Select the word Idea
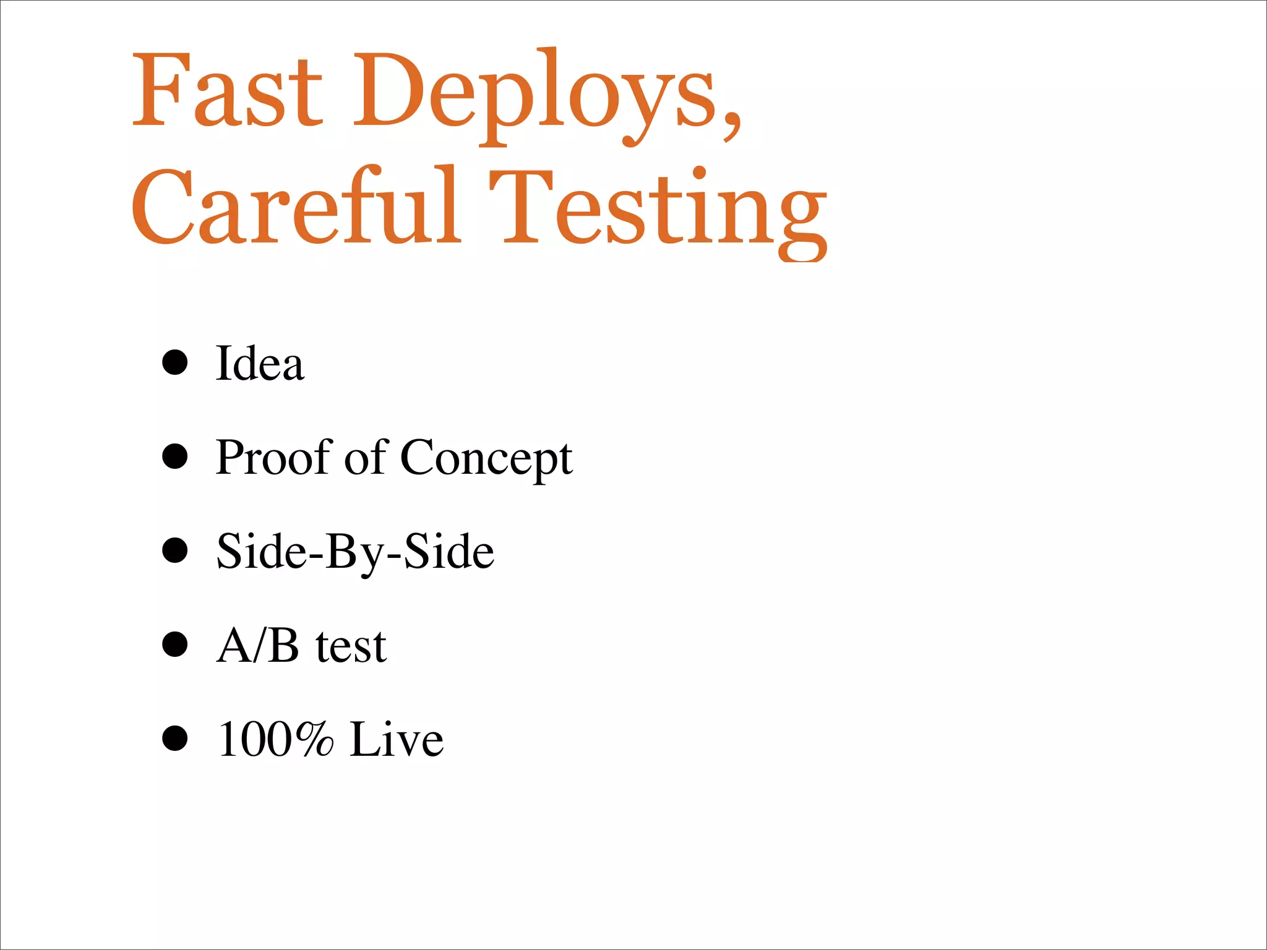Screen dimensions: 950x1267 (260, 363)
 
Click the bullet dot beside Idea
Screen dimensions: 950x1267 (175, 362)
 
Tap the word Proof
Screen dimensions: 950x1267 (274, 457)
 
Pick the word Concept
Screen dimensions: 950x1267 (486, 458)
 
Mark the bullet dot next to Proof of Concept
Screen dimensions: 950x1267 (175, 456)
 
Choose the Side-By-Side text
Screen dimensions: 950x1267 (355, 552)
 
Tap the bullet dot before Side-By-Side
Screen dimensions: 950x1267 (175, 550)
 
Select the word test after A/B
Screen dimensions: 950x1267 (351, 646)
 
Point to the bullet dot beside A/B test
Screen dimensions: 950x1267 (175, 644)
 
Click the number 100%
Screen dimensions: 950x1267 (276, 739)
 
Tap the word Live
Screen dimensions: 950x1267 (397, 739)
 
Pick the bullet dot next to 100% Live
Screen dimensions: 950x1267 (175, 738)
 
